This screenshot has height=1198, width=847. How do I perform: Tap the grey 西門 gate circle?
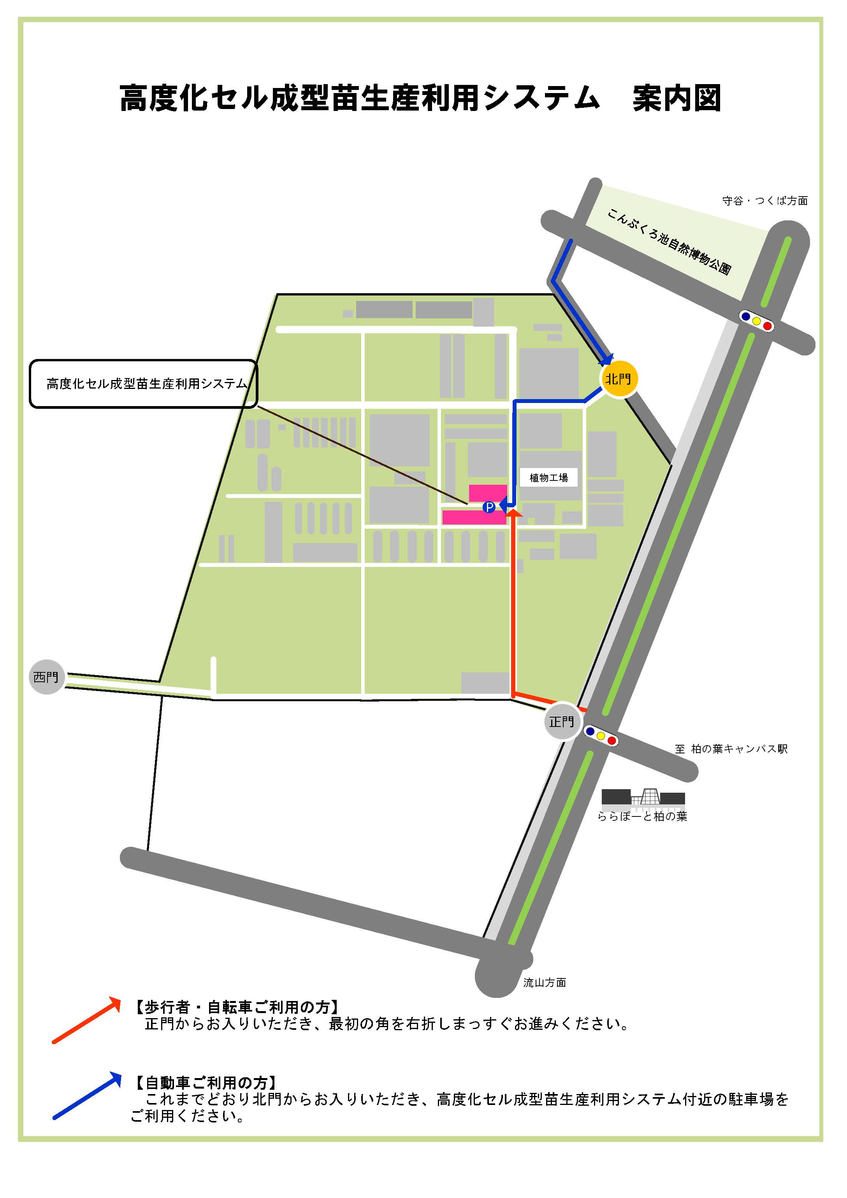46,677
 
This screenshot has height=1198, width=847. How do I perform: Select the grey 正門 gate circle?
562,721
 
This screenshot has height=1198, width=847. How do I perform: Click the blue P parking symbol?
489,507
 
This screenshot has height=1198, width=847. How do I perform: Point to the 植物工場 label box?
549,477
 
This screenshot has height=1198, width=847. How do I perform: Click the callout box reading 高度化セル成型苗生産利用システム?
143,384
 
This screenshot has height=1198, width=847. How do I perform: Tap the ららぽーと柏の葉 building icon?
643,797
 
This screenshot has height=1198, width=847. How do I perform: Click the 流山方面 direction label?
545,983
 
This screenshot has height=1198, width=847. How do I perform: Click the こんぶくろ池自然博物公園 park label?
669,241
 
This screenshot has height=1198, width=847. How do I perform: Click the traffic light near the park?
756,321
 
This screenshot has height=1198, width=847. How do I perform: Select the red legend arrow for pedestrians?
86,1020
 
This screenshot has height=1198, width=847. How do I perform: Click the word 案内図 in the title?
677,98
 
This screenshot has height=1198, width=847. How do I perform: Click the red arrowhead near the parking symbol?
514,514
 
